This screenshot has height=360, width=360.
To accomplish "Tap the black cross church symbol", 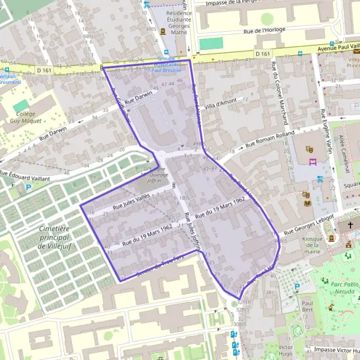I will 351,226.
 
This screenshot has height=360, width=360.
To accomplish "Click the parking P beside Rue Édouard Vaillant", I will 28,187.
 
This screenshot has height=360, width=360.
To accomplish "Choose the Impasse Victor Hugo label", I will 330,348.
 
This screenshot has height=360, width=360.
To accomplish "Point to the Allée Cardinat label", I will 344,149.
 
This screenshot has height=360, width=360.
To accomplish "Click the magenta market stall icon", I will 312,161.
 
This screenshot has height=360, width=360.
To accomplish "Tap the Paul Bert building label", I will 308,307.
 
